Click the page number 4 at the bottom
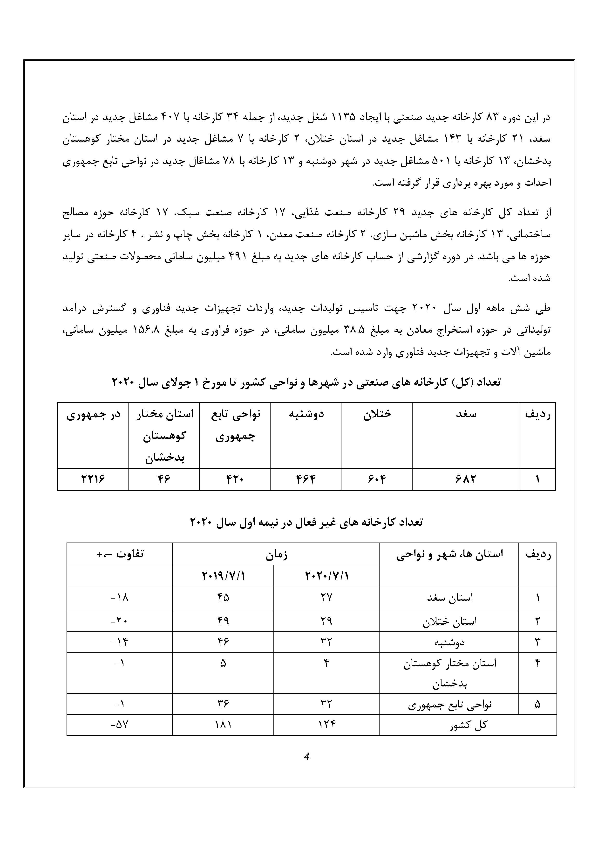(306, 757)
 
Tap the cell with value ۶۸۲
(465, 479)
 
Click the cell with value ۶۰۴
(377, 479)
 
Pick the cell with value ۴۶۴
(306, 479)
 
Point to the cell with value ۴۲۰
(235, 479)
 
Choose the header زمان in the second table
(276, 554)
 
